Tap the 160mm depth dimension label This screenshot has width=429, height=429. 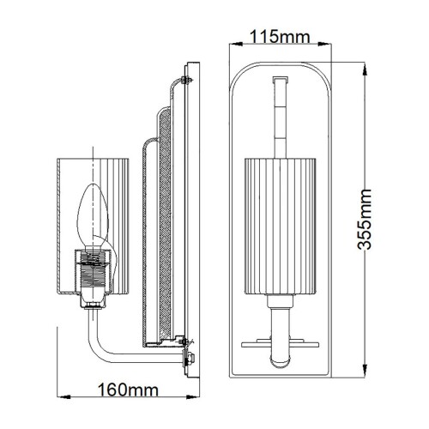pos(130,390)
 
